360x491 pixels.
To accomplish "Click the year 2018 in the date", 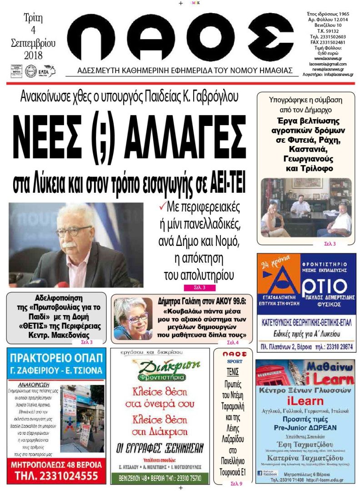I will [x=32, y=55].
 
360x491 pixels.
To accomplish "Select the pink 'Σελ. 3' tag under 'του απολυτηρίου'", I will [x=200, y=287].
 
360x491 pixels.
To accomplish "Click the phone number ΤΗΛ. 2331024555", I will [x=54, y=476].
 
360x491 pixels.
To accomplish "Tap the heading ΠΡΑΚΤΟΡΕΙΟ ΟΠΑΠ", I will [x=56, y=358].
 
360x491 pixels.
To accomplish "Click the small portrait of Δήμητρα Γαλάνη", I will [x=133, y=319].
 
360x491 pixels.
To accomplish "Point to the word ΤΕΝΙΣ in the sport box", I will [x=233, y=371].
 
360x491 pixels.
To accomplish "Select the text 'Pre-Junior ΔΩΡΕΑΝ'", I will [x=305, y=428].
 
